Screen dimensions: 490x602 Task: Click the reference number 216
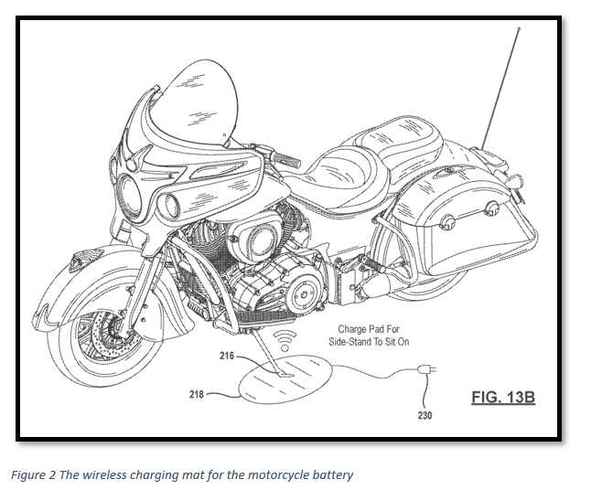(x=227, y=355)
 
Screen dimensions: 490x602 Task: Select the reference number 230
(x=425, y=415)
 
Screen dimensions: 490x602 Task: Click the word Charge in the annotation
(x=353, y=329)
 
